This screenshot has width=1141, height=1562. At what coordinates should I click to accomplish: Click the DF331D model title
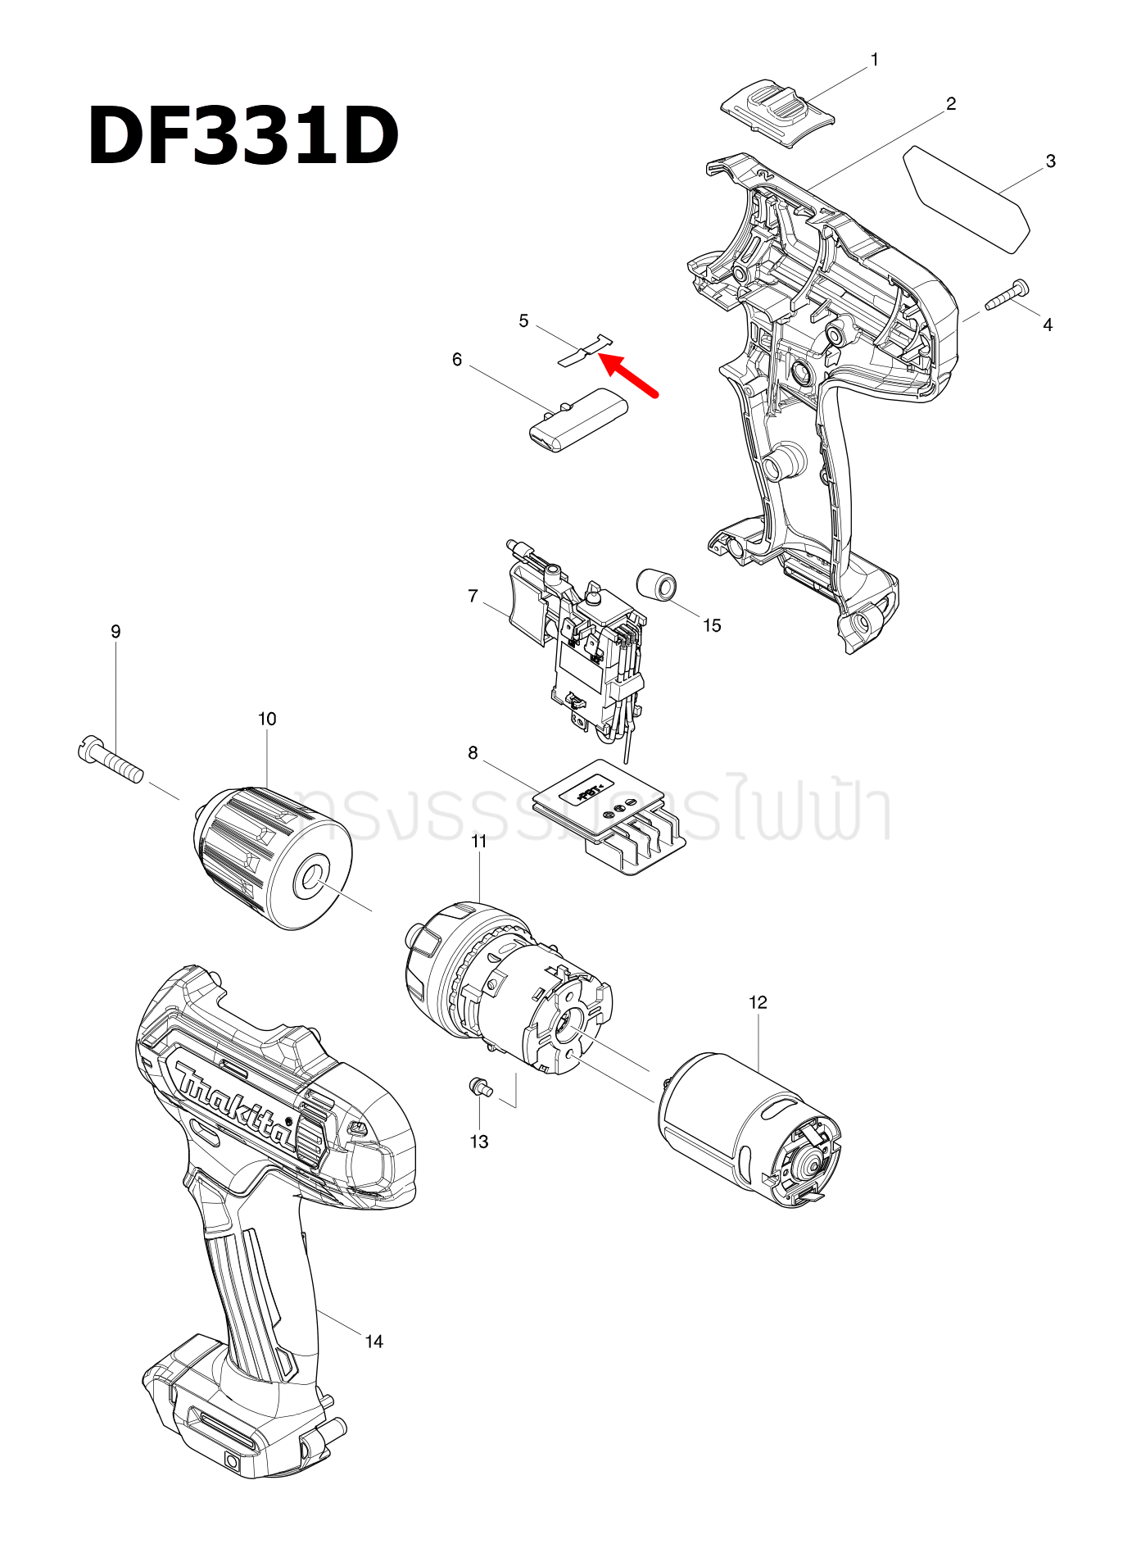click(242, 136)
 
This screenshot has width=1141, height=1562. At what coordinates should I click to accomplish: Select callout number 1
click(874, 60)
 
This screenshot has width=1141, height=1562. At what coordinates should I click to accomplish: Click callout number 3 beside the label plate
click(1050, 161)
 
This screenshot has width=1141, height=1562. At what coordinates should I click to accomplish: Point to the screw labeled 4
click(1007, 295)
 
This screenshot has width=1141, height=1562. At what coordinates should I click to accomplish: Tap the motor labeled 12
click(748, 1131)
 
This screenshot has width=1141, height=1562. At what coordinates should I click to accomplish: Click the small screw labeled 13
click(479, 1087)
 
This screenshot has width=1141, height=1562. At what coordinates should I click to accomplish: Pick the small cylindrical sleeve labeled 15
click(657, 585)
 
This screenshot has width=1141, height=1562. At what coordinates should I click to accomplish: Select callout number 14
click(374, 1342)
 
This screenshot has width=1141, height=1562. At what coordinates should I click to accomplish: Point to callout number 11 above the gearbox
click(479, 841)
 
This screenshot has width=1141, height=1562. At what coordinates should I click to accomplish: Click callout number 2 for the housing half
click(950, 104)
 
